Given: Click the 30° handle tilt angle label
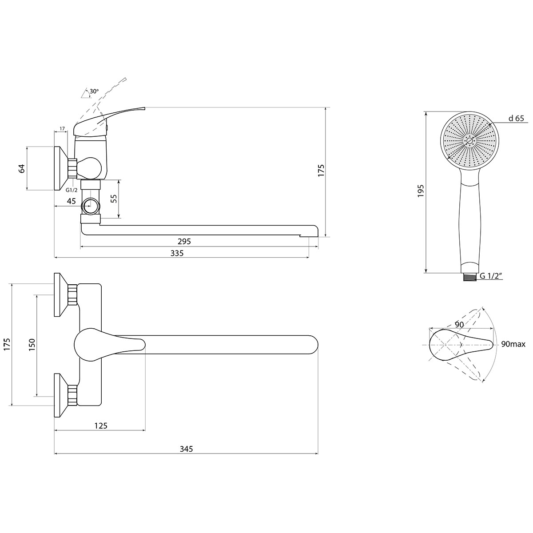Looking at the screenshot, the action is [x=94, y=91].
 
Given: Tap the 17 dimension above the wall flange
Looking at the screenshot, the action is [x=62, y=129].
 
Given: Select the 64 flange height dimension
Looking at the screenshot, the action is [x=22, y=168].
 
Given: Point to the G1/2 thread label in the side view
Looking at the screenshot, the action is [x=72, y=190].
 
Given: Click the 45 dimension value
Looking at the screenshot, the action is [x=72, y=201].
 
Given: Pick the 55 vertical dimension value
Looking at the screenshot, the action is [x=114, y=199].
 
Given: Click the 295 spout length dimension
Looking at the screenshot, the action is [x=184, y=242].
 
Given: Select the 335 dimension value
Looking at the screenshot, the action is [x=177, y=253].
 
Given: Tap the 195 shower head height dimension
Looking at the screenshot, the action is [x=421, y=191].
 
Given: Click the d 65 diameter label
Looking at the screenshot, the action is [x=516, y=119].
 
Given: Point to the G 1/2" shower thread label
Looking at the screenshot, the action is [x=491, y=276].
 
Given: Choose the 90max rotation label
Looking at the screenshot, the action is [x=513, y=344].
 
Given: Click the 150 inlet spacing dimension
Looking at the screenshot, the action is [x=32, y=345].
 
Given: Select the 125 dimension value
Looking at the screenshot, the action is [x=101, y=426].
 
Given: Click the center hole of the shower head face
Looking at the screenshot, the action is [x=469, y=141].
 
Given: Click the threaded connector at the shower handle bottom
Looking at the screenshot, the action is [x=469, y=277].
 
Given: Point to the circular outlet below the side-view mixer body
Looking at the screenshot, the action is [x=91, y=206].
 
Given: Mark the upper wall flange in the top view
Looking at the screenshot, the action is [x=60, y=295].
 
